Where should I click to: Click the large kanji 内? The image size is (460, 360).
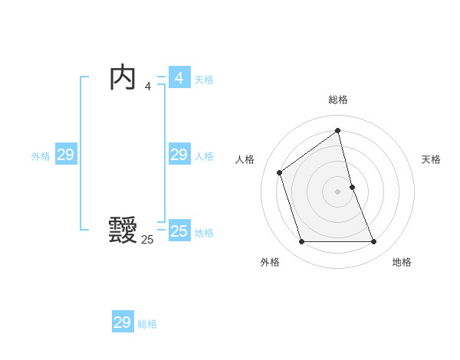[123, 79]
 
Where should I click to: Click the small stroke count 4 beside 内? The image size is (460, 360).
[147, 87]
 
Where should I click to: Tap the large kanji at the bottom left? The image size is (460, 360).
[123, 230]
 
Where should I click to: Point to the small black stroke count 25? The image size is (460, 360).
[147, 240]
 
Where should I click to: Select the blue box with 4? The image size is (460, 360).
[179, 78]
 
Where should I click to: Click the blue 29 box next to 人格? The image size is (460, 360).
[179, 155]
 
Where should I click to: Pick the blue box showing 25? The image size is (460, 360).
[179, 231]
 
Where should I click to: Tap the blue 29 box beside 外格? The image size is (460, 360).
[65, 155]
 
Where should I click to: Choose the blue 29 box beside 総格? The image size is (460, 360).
[123, 322]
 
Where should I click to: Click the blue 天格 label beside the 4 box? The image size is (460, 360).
[204, 80]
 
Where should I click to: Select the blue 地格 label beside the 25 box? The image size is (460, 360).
[204, 233]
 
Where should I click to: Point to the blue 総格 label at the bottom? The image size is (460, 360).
[147, 324]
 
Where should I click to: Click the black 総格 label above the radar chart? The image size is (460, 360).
[338, 100]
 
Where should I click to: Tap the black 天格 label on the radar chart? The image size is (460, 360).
[431, 159]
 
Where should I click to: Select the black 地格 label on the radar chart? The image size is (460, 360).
[402, 262]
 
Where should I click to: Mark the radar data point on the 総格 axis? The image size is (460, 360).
[338, 131]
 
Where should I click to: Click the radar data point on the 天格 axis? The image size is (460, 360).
[352, 186]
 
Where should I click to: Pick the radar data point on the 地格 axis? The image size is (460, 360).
[374, 242]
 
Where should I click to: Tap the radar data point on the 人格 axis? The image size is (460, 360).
[280, 172]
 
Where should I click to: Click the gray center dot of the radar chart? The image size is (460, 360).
[338, 191]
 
